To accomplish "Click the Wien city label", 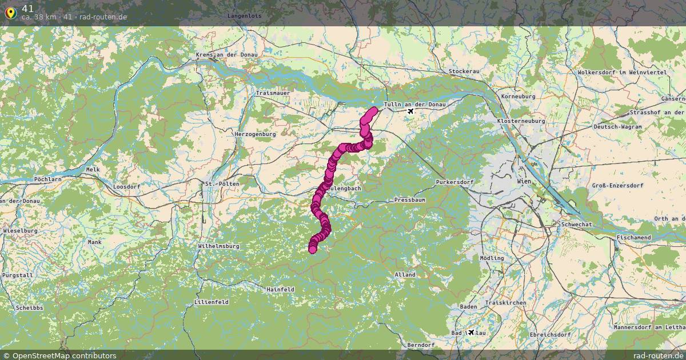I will coord(524,181).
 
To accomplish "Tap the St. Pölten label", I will coord(221,184).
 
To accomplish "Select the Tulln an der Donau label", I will coord(414,105).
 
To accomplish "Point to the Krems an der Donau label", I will coord(226,54).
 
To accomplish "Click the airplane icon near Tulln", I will coord(410,111).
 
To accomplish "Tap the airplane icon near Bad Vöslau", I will coord(471,332).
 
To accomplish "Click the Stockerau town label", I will coord(464,71).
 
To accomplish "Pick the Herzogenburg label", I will coord(255,134).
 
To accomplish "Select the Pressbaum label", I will coord(409,201).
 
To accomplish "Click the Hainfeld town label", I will coord(280,290).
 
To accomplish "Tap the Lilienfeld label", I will coord(211,302).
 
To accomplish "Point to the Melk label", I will coord(93,170).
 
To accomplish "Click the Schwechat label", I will coord(576,225).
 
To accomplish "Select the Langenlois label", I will coord(244,16).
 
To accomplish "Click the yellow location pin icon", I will coord(10,13).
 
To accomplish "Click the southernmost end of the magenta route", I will coord(312,249).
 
